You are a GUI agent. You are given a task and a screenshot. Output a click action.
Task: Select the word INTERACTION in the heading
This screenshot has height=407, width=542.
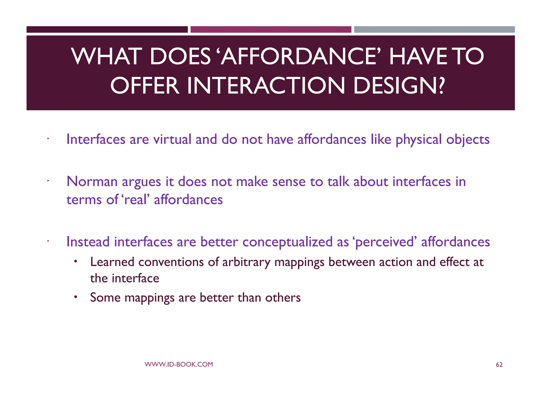[266, 86]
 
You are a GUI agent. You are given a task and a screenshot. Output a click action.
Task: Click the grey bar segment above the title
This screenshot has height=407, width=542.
[434, 29]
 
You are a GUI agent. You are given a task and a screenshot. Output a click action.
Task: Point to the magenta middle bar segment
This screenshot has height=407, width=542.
[271, 29]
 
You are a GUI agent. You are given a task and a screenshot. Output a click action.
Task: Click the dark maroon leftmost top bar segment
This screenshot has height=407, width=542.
[107, 29]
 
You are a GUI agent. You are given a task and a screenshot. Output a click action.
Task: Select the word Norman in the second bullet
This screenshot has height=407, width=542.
[92, 182]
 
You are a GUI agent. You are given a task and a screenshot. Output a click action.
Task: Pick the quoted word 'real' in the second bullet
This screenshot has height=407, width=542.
[135, 200]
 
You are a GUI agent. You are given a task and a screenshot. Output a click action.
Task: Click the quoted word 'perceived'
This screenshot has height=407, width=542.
[385, 242]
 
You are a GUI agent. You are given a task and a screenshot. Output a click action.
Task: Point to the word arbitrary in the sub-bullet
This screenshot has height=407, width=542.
[246, 262]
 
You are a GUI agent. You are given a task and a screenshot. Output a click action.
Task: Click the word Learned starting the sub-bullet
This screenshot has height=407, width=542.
[112, 262]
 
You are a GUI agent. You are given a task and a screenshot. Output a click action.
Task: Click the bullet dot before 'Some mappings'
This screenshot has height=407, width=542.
[75, 297]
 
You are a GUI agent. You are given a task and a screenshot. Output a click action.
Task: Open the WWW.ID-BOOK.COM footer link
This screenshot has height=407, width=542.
[179, 364]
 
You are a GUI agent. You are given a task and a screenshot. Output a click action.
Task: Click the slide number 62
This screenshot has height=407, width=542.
[499, 365]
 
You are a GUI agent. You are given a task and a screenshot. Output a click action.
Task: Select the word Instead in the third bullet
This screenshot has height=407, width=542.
[88, 242]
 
